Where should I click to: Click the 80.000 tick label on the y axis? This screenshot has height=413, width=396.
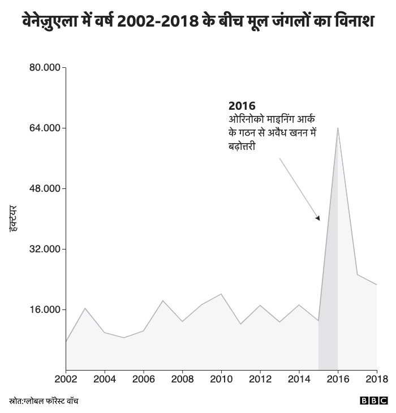point(45,68)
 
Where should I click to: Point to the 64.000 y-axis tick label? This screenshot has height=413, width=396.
point(45,128)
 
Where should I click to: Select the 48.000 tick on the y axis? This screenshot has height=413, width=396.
point(45,188)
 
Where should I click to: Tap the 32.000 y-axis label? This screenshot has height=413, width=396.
point(45,249)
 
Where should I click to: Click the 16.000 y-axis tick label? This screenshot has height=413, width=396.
point(45,309)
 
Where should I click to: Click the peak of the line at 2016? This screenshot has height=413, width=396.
point(338,128)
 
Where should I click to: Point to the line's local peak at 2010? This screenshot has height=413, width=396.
point(221,294)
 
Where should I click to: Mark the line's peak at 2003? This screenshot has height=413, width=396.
point(85,308)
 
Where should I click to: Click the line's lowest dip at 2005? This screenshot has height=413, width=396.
point(124,338)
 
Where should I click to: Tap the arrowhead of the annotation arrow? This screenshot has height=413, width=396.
point(318,218)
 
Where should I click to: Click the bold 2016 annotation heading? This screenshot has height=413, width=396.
point(242,106)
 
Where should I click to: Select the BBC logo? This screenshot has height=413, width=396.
point(374,401)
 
